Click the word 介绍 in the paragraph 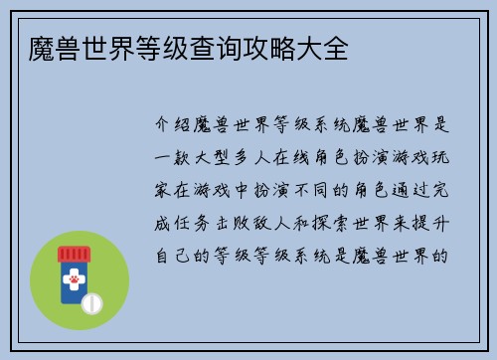click(174, 126)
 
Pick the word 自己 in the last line click(174, 254)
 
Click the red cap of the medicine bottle click(74, 254)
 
